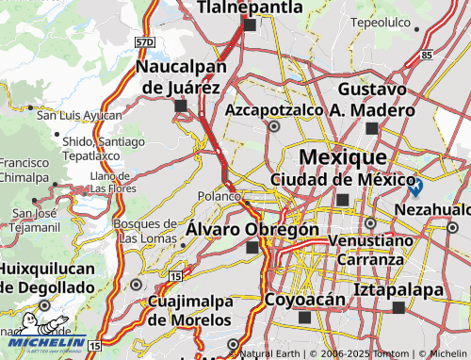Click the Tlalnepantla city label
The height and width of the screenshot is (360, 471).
(x=250, y=8)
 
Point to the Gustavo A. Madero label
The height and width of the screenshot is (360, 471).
(x=371, y=99)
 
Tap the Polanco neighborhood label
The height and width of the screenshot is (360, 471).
(x=219, y=196)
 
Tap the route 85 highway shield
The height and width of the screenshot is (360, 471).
(x=427, y=55)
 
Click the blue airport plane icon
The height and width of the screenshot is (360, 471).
(x=415, y=187)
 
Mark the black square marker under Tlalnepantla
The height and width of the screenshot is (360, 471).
(x=250, y=25)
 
